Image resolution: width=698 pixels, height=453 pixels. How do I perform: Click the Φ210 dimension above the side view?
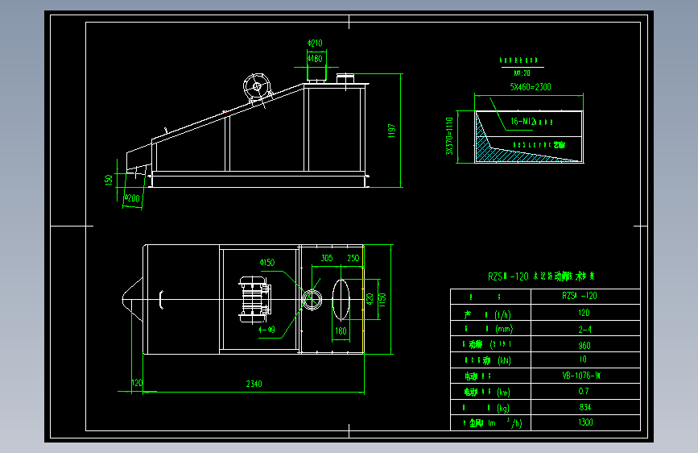[x=315, y=43]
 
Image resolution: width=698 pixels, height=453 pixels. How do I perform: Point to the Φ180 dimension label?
[x=315, y=58]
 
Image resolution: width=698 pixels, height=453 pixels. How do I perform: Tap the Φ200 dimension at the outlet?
[x=132, y=197]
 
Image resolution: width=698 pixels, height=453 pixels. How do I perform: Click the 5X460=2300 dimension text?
[x=530, y=86]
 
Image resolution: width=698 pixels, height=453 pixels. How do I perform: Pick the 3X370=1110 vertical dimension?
[x=450, y=136]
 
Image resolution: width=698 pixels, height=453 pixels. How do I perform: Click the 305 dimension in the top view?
[x=326, y=258]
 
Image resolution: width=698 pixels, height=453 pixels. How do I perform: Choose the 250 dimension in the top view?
[x=353, y=258]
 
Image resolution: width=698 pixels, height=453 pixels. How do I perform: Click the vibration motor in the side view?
[x=259, y=86]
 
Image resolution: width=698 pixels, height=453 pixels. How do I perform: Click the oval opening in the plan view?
[x=341, y=299]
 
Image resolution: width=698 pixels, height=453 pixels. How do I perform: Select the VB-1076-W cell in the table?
[x=585, y=376]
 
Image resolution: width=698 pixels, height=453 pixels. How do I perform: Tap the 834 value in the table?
[x=585, y=407]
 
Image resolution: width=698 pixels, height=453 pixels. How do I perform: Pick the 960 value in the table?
[x=585, y=344]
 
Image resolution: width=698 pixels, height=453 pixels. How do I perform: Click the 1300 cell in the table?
[x=585, y=422]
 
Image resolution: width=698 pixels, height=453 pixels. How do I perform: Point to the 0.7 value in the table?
[x=585, y=391]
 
